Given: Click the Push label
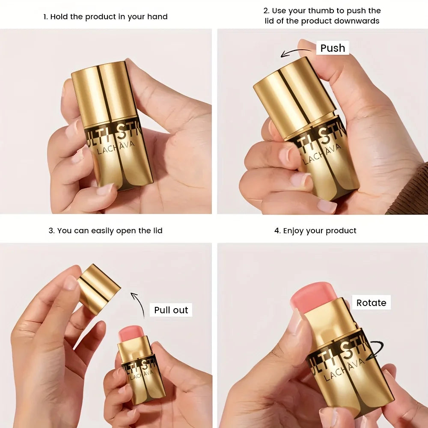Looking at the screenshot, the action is point(333,48).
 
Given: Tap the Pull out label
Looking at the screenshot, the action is point(171,310).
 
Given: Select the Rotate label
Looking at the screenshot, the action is point(371,303).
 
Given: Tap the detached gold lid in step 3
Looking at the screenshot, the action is point(99,289).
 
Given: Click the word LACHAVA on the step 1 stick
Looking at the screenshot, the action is point(116,147).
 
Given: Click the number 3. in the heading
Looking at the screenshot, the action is point(52,231).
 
